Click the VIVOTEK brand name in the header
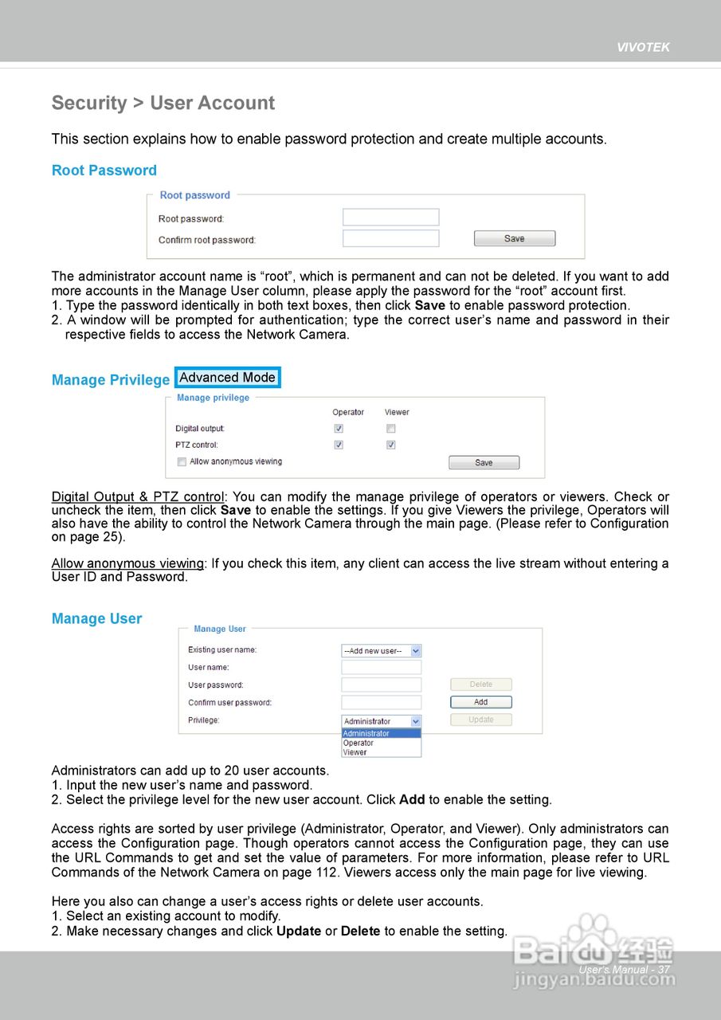tap(643, 47)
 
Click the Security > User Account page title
tap(163, 103)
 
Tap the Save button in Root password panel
tap(514, 238)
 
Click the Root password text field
tap(390, 218)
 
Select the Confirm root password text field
tap(390, 238)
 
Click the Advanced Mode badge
tap(227, 378)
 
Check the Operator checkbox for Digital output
tap(339, 429)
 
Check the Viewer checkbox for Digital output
tap(390, 429)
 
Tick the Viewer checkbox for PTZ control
tap(390, 445)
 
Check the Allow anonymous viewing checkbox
tap(182, 461)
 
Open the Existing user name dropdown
tap(381, 651)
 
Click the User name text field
tap(381, 668)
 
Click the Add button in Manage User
tap(480, 702)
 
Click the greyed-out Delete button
tap(480, 685)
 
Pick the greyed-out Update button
tap(480, 720)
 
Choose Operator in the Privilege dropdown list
tap(359, 743)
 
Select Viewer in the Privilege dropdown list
tap(355, 752)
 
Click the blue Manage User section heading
tap(96, 618)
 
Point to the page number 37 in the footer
tap(663, 970)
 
